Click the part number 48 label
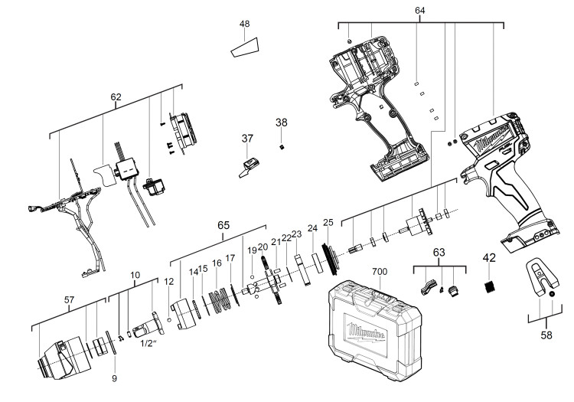tap(245, 24)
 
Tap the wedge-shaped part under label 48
tap(245, 47)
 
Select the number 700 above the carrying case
tap(380, 272)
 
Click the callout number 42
tap(489, 258)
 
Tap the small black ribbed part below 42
tap(490, 286)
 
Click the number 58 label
tap(546, 335)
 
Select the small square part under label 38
tap(281, 147)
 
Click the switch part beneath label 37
tap(249, 167)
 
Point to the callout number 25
tap(328, 222)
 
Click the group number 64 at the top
tap(420, 11)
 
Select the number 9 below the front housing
tap(114, 378)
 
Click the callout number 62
tap(116, 97)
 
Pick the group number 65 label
tap(223, 225)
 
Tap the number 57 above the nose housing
tap(69, 300)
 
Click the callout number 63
tap(439, 252)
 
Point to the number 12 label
tap(168, 281)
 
